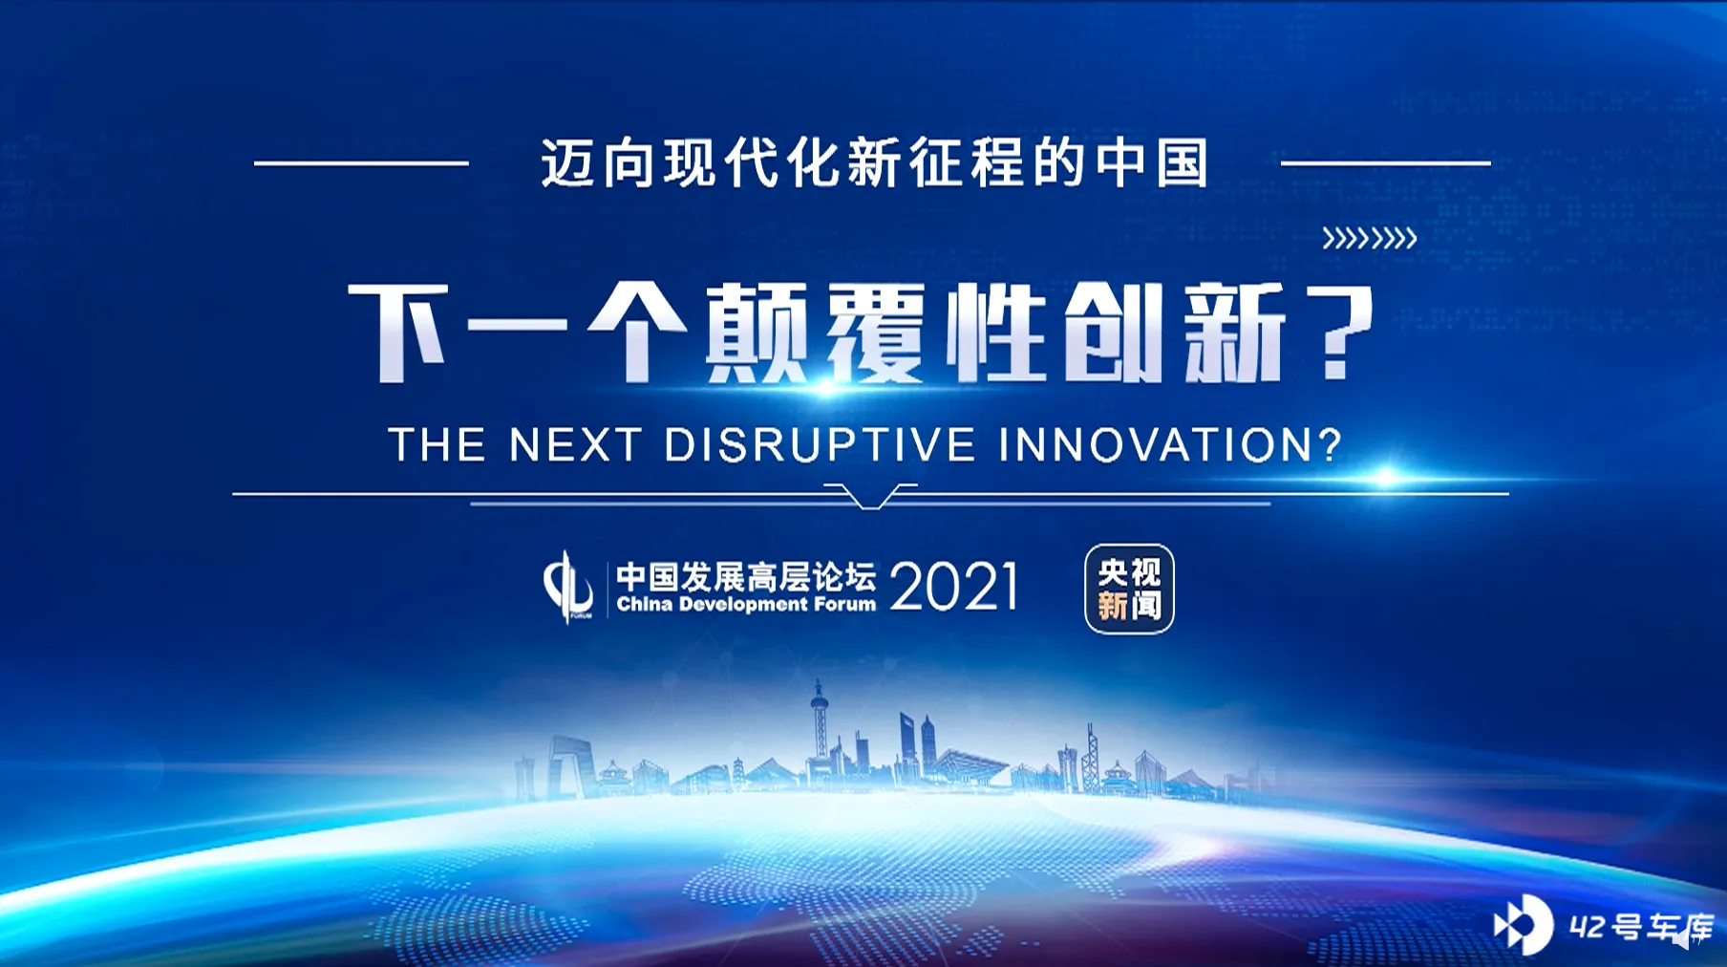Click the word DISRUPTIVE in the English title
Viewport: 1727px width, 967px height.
(820, 445)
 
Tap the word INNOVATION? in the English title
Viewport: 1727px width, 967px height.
(1171, 445)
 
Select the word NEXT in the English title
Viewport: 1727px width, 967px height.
(575, 445)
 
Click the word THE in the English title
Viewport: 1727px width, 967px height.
(437, 445)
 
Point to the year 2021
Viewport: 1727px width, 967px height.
(954, 587)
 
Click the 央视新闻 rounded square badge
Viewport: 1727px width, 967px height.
(1129, 589)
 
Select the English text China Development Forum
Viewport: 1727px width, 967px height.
(746, 605)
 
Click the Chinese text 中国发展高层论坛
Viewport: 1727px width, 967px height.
(746, 576)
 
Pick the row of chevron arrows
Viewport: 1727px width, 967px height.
(1369, 239)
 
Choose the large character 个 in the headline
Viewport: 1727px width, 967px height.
(637, 333)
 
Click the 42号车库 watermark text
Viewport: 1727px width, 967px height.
(1642, 926)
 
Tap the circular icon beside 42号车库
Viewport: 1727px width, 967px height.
(1523, 924)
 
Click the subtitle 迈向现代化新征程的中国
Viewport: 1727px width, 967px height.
(875, 163)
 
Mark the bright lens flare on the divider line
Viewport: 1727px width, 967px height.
(1384, 478)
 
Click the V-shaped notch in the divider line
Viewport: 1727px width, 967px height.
(870, 497)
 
